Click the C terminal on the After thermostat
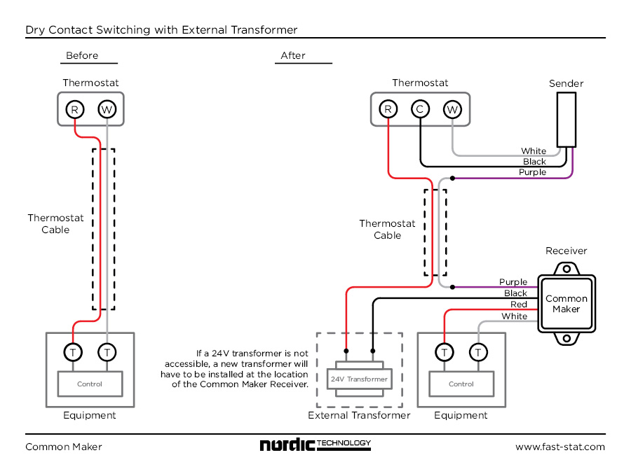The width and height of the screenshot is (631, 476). tap(420, 109)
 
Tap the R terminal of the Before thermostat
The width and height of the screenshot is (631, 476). tap(74, 109)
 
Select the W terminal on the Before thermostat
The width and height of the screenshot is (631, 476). tap(107, 109)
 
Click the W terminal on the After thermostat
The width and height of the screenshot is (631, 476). tap(452, 109)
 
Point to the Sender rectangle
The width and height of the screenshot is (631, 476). tap(566, 120)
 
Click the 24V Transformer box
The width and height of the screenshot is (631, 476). tap(360, 379)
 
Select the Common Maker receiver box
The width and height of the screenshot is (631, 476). tap(566, 304)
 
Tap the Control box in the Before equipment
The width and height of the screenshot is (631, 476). tap(90, 384)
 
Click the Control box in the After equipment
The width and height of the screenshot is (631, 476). tap(461, 384)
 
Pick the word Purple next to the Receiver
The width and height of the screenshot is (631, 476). tap(513, 282)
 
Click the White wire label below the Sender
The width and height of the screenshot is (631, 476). tap(534, 151)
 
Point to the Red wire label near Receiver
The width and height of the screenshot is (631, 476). tap(519, 304)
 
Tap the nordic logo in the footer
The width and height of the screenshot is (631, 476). tap(315, 444)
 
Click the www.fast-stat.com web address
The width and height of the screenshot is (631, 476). tap(559, 447)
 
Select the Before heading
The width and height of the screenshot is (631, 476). tap(82, 55)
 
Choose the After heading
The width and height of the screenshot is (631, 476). tap(293, 55)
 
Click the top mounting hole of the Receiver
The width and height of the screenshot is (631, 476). tap(566, 269)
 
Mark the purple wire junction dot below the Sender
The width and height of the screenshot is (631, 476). tap(452, 178)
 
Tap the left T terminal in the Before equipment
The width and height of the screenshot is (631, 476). tap(73, 352)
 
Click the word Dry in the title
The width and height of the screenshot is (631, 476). tap(34, 30)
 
